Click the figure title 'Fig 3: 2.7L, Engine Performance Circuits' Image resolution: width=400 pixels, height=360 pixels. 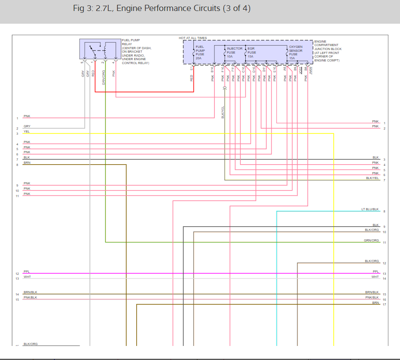(162, 9)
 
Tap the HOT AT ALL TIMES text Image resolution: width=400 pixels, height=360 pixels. (193, 38)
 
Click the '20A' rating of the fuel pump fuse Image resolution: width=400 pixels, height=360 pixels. (198, 58)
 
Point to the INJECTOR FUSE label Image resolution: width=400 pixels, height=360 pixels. (234, 50)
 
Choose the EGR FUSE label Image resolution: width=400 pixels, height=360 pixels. (251, 50)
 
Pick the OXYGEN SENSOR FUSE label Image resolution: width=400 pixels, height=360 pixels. (295, 50)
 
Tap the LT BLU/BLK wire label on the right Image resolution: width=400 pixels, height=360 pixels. (370, 209)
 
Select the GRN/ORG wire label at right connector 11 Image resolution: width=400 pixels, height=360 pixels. (371, 241)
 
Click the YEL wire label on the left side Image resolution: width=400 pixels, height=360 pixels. (26, 131)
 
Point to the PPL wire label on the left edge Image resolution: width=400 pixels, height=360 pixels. (26, 272)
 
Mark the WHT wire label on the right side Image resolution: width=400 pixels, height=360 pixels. (375, 277)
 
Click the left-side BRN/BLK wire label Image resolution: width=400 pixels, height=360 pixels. (30, 292)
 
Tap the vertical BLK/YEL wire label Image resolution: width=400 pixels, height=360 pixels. (223, 112)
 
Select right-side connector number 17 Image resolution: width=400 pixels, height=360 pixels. (384, 305)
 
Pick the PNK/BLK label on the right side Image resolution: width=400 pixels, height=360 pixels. (372, 298)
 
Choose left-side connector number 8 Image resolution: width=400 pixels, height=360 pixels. (17, 165)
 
